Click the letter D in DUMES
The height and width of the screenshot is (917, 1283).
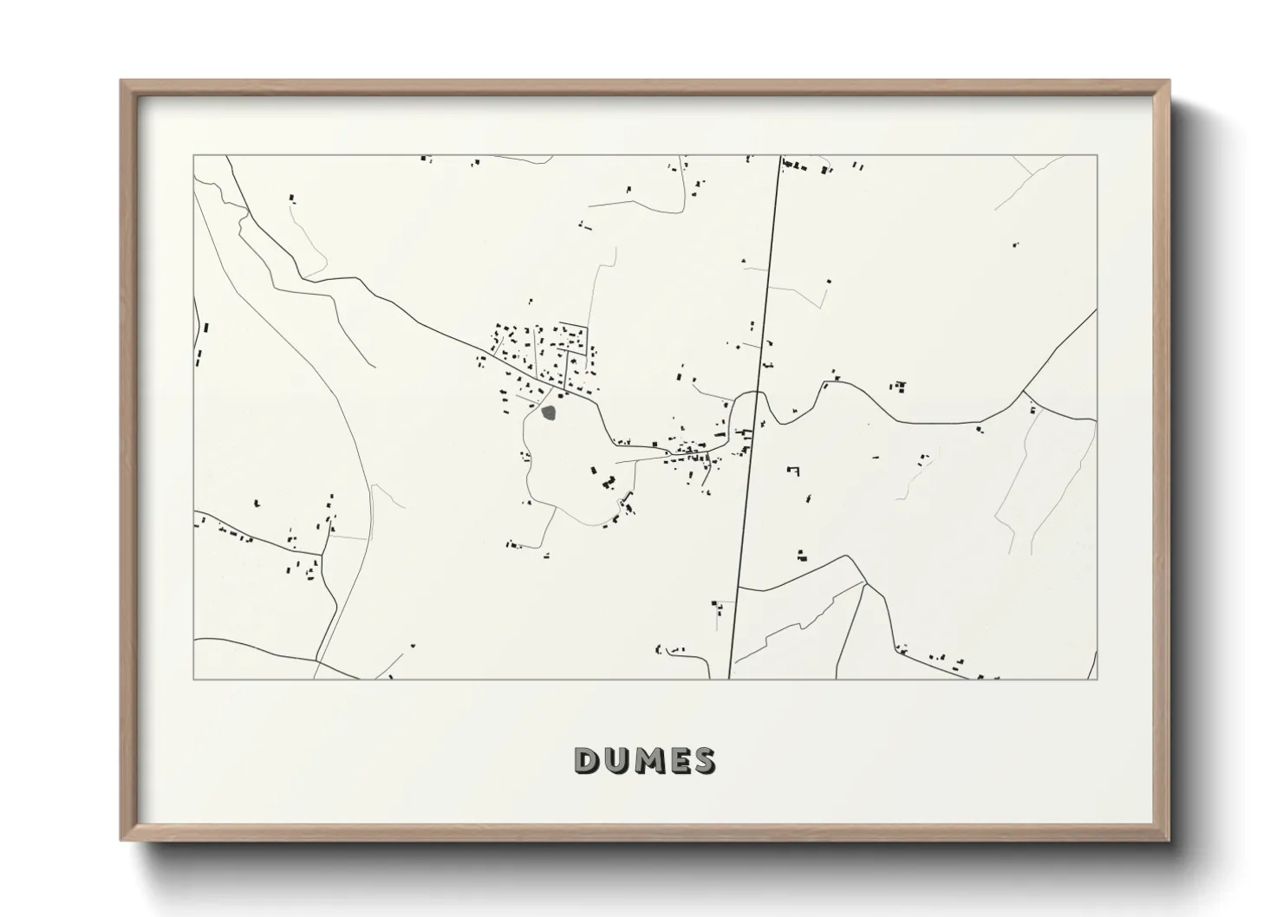point(587,760)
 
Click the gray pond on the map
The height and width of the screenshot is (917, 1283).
point(549,412)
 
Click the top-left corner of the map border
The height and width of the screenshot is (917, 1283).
point(193,155)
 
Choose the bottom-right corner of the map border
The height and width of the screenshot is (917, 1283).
point(1097,679)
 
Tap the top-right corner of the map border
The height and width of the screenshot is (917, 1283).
point(1097,155)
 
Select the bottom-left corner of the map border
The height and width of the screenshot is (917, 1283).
point(193,679)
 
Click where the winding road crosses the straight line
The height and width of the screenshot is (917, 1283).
point(755,393)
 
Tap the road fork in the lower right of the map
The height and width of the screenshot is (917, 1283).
point(864,583)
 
